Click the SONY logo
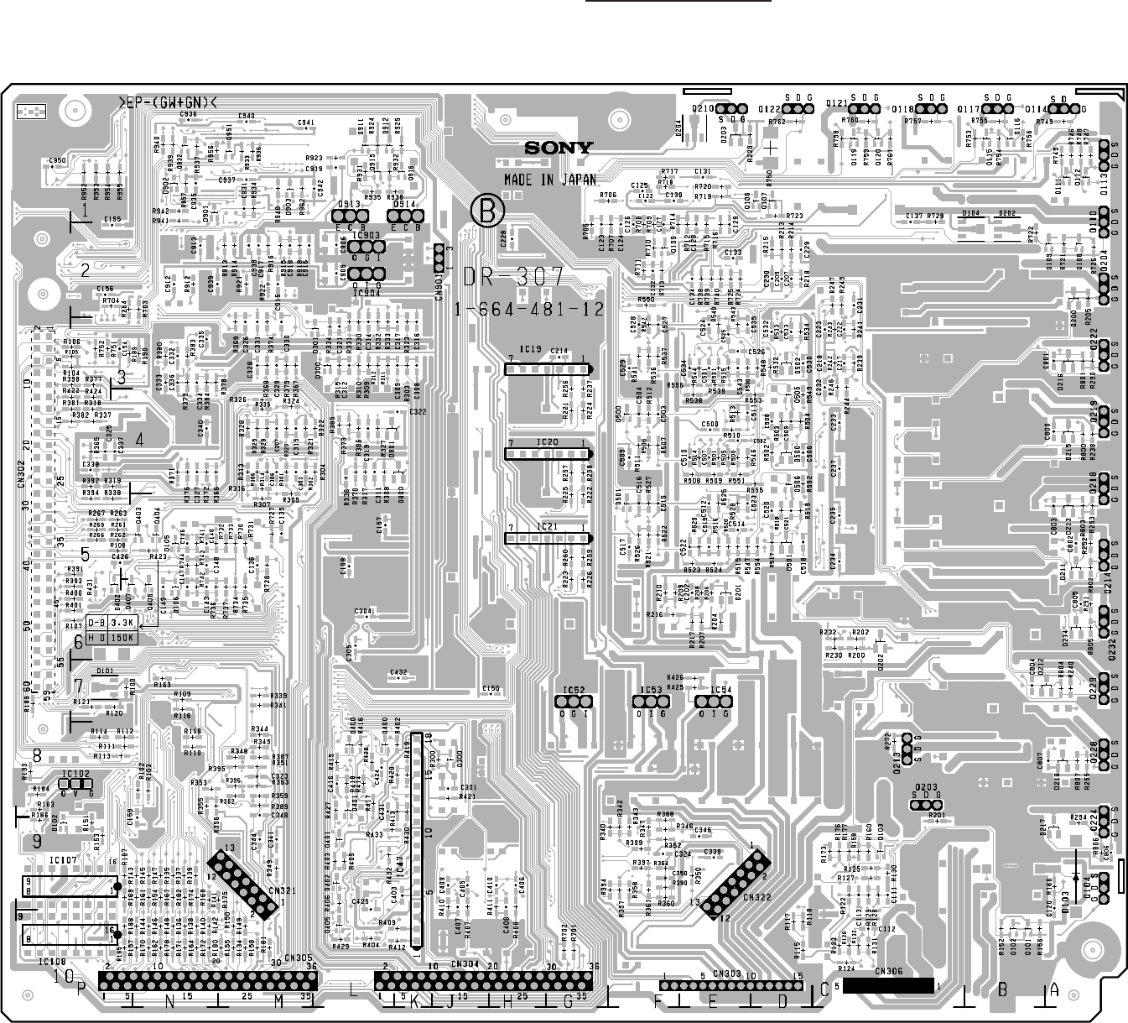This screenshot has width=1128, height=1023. [559, 149]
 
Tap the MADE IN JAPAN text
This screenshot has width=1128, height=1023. [550, 180]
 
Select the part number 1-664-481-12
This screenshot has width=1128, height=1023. [529, 309]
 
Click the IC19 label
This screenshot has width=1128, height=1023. [530, 350]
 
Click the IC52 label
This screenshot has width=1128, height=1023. [573, 690]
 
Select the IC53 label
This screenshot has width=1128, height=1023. [651, 690]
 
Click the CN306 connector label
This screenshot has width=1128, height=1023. [887, 972]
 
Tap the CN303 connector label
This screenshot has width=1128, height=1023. [726, 973]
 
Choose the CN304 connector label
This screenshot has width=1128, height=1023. [464, 964]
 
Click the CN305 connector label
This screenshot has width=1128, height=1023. [298, 958]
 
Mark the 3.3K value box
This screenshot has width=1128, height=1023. [123, 623]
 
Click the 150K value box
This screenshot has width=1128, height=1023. [123, 637]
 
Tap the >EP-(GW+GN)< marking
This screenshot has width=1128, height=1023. [168, 102]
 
